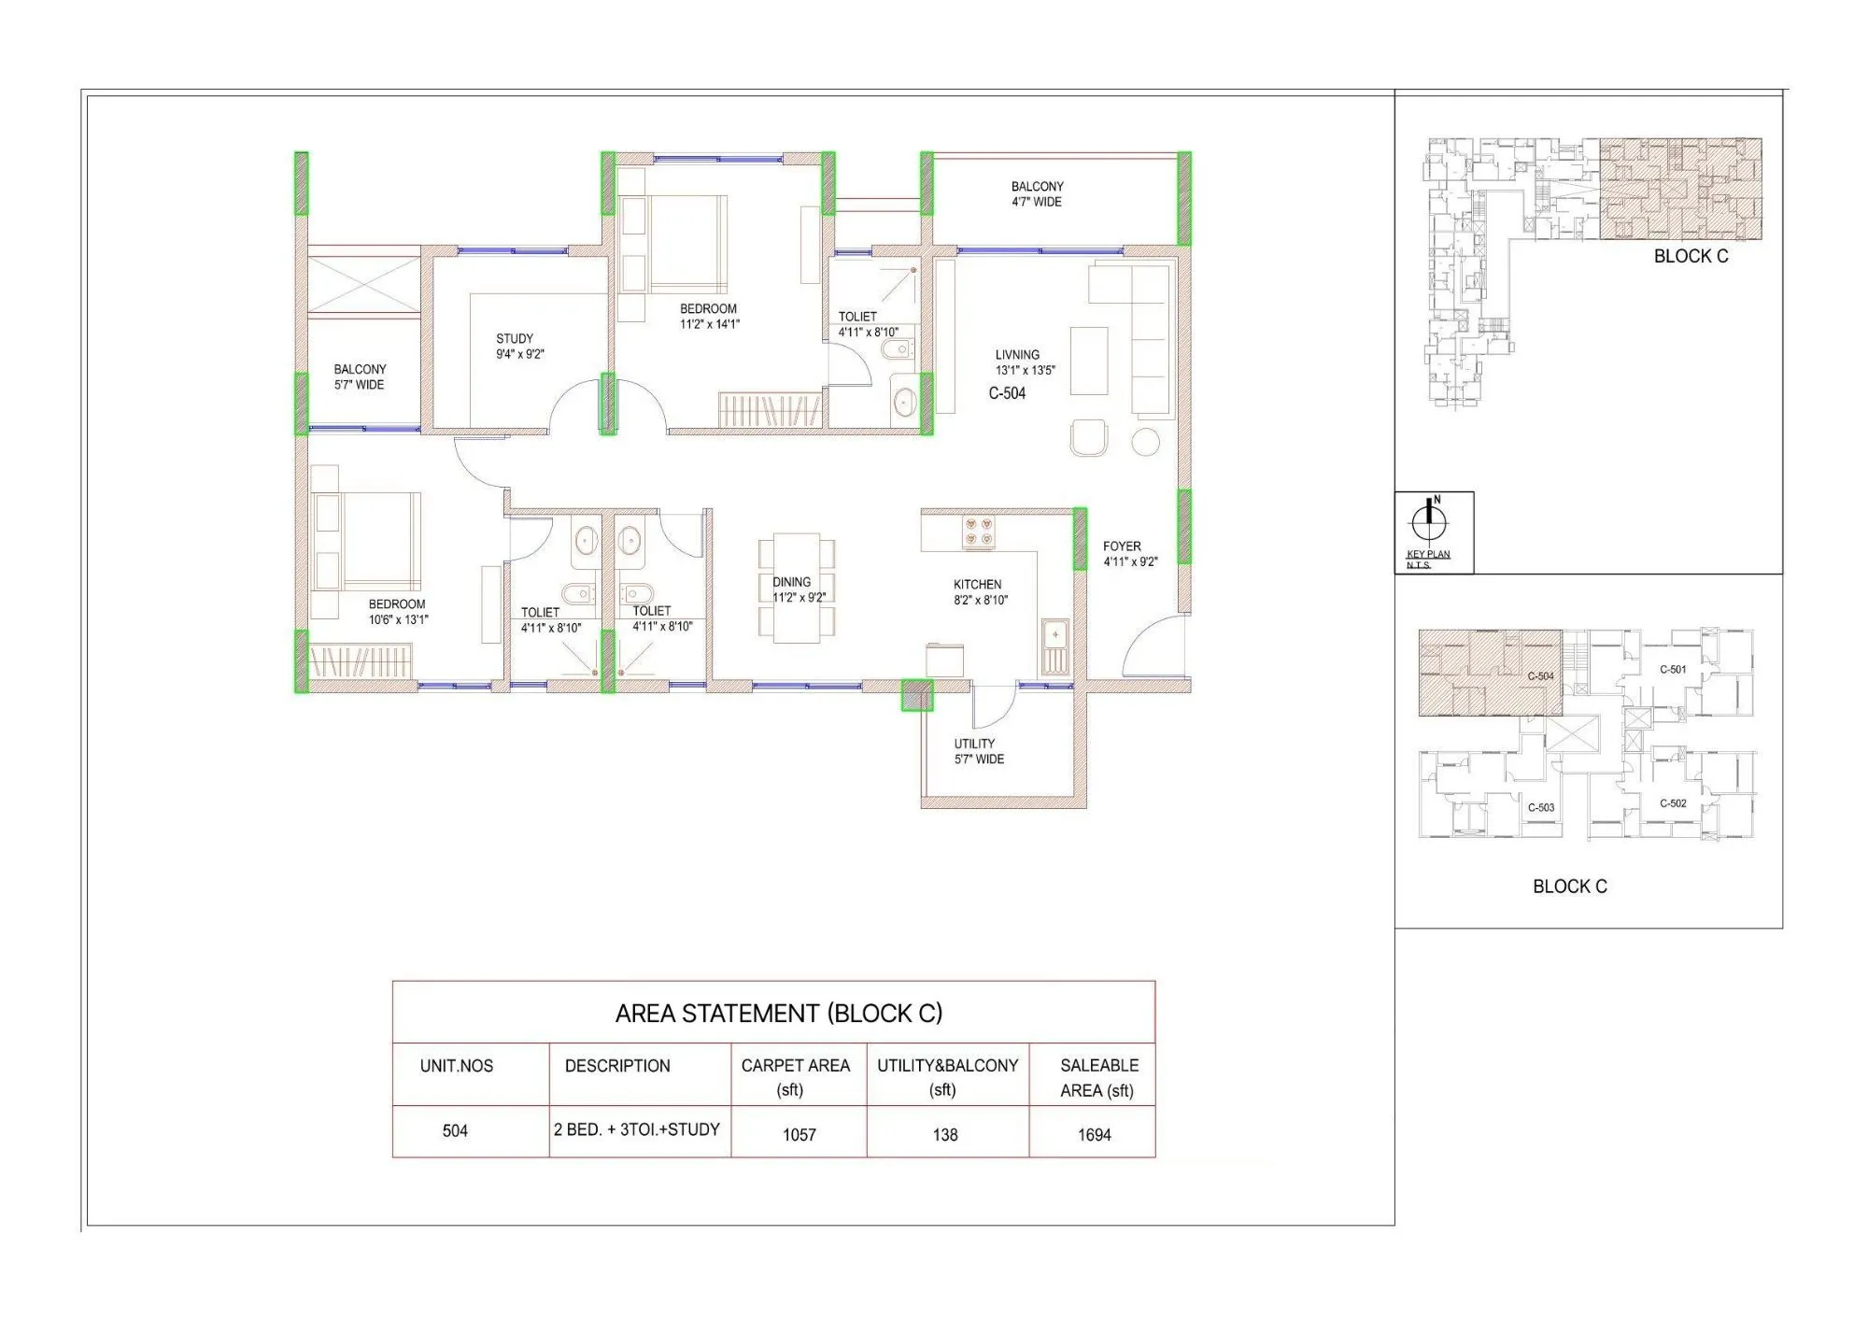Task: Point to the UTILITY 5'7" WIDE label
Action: pos(977,751)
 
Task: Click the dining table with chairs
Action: pos(796,588)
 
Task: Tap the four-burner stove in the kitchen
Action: pos(979,532)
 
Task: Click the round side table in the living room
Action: pos(1145,441)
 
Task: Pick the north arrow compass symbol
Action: pos(1429,519)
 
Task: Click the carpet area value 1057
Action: pos(799,1134)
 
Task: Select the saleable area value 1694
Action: pos(1094,1134)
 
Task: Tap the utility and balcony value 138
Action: pos(944,1134)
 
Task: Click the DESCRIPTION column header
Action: pos(616,1066)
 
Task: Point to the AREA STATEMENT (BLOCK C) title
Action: pos(778,1014)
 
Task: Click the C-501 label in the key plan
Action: pos(1672,670)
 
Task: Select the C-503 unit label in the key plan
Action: pos(1540,807)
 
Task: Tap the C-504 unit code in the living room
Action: pos(1007,393)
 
